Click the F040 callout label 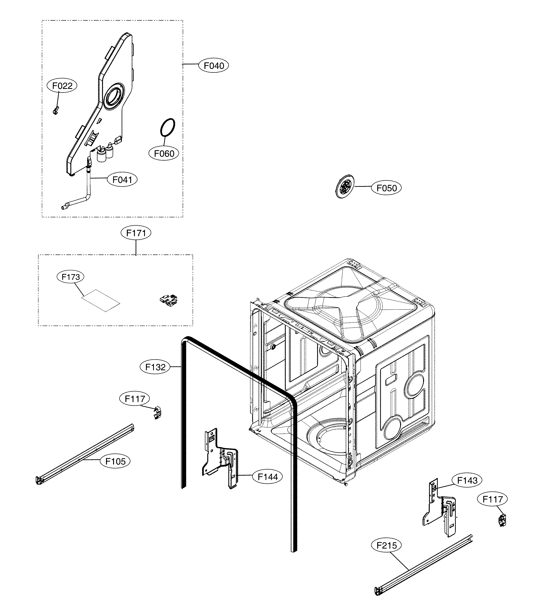(213, 66)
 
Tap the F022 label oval (62, 86)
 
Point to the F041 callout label (122, 180)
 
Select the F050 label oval (386, 188)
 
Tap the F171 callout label (136, 233)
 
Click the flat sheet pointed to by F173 (101, 300)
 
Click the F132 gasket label (155, 367)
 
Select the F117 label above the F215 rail (492, 499)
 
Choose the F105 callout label (115, 461)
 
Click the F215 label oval (386, 545)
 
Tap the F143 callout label (467, 480)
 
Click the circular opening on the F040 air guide (114, 99)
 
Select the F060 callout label (164, 153)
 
